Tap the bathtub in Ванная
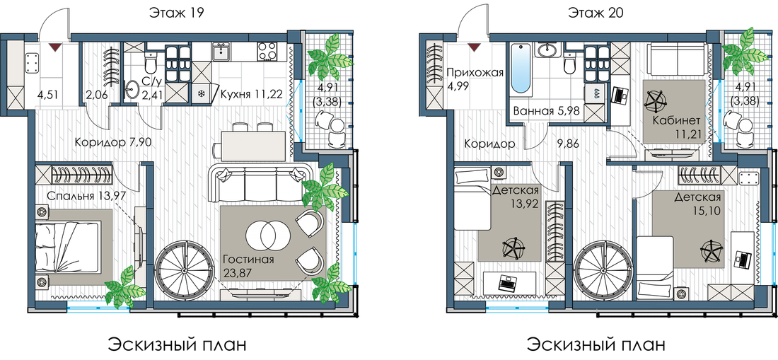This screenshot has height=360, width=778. (521, 69)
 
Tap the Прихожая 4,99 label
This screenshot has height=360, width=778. (475, 79)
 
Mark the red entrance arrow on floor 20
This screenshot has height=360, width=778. (474, 47)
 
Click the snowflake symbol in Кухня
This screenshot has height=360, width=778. (201, 94)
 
